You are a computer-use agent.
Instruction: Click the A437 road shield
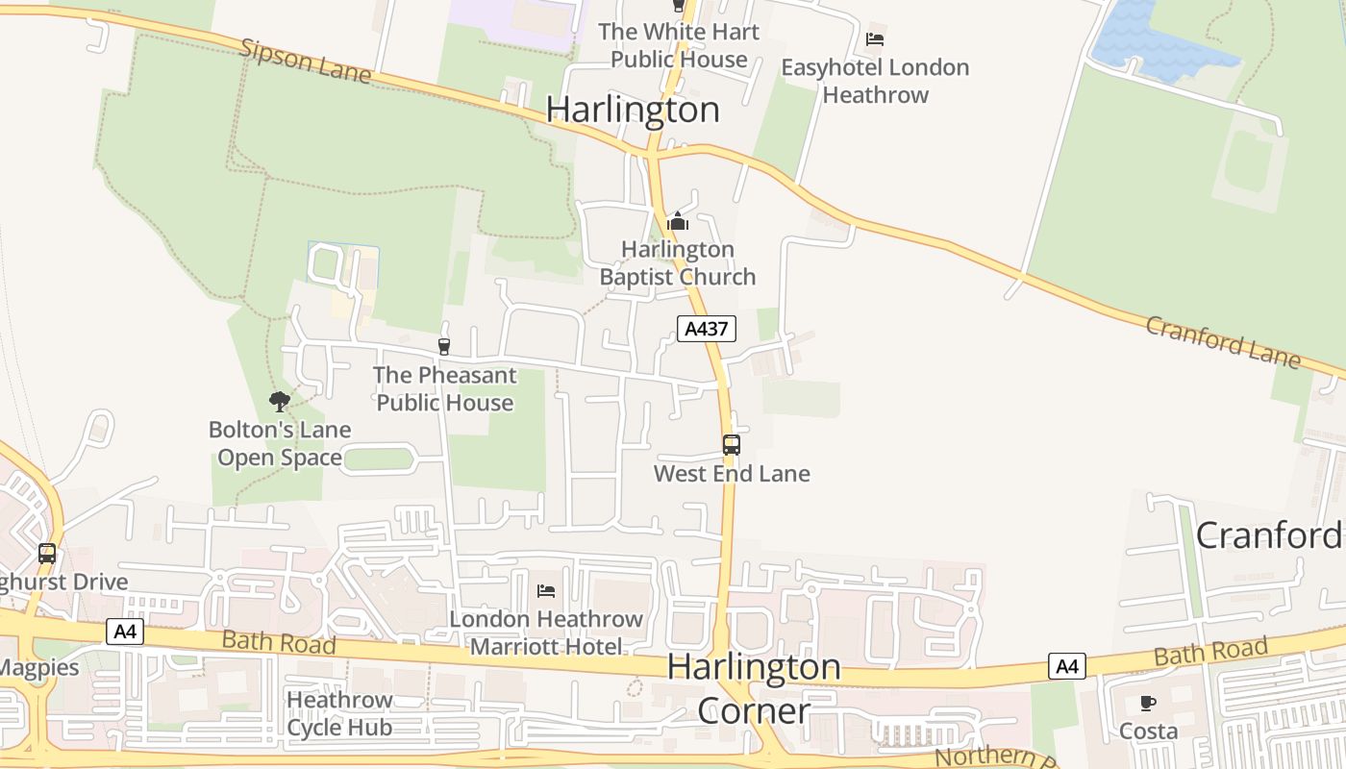[x=707, y=329]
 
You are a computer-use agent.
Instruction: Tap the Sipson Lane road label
[x=306, y=62]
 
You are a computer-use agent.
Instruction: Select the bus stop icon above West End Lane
[x=732, y=445]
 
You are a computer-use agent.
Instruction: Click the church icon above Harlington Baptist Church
[x=678, y=221]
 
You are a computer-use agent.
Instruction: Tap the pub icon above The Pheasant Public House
[x=443, y=346]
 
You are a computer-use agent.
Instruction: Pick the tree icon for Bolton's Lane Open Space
[x=280, y=401]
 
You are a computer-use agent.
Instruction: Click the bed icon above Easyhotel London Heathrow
[x=874, y=39]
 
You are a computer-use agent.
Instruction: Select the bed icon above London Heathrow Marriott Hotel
[x=545, y=590]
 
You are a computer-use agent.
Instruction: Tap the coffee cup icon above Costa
[x=1147, y=703]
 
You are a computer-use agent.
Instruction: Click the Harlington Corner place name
[x=754, y=688]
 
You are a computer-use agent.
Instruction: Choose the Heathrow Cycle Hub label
[x=339, y=713]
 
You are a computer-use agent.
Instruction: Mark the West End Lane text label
[x=732, y=474]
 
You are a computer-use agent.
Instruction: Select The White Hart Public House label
[x=679, y=45]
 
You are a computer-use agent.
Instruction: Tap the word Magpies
[x=38, y=666]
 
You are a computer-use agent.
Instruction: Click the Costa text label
[x=1148, y=732]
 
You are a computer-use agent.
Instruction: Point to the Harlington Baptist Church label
[x=678, y=263]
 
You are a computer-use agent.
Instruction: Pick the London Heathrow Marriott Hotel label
[x=546, y=633]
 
